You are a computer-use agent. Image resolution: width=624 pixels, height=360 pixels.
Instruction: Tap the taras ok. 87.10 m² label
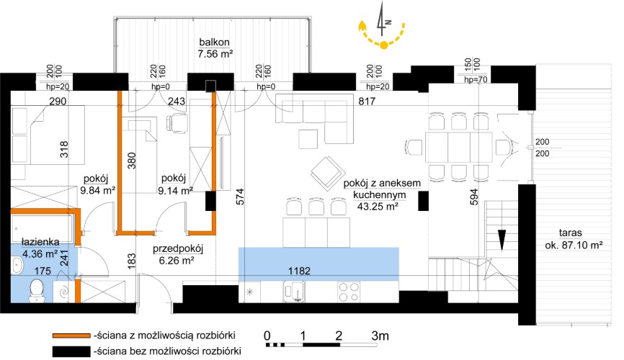click(x=574, y=239)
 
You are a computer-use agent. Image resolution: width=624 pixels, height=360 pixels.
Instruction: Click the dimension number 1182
click(x=318, y=272)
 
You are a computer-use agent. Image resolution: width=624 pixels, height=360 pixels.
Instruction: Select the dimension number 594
click(x=473, y=197)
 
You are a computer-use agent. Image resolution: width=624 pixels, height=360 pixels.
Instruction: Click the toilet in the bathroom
click(x=38, y=290)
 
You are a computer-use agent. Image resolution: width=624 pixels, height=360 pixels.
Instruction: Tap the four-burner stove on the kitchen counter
click(x=349, y=292)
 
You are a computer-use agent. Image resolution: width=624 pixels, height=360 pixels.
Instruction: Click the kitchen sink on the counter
click(x=295, y=292)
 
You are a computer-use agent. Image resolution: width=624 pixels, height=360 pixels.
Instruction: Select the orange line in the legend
click(x=70, y=336)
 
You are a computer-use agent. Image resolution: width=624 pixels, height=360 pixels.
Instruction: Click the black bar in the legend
click(x=70, y=351)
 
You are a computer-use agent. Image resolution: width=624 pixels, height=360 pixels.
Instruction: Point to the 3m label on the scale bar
click(x=379, y=336)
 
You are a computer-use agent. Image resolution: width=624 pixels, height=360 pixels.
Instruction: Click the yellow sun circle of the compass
click(x=384, y=45)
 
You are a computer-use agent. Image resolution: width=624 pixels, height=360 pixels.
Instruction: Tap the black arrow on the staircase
click(x=502, y=238)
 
